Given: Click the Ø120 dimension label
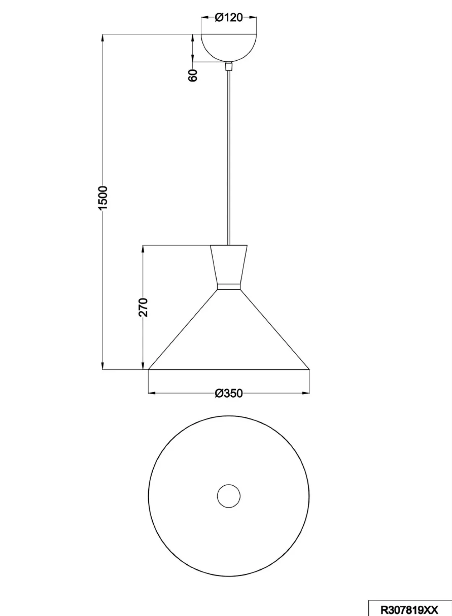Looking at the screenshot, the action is pos(229,18).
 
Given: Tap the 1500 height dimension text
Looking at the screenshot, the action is pos(103,198).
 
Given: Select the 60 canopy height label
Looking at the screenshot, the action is pos(193,75).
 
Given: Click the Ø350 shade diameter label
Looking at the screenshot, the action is pos(229,393).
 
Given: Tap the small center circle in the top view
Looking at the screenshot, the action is pos(229,496).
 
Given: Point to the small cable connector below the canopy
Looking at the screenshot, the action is pos(229,66).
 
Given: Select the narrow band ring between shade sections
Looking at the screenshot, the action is pos(229,287).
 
